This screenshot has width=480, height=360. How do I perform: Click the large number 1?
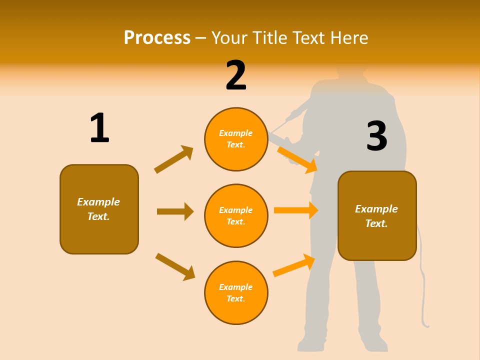click(99, 128)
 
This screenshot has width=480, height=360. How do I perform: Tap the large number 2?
click(236, 75)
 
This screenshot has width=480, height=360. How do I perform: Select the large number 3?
click(376, 136)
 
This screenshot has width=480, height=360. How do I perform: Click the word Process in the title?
click(157, 37)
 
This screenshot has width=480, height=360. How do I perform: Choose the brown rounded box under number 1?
click(99, 209)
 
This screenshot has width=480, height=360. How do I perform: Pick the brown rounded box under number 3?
click(377, 215)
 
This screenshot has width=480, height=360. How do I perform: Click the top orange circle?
click(236, 139)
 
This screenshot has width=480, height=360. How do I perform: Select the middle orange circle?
click(236, 215)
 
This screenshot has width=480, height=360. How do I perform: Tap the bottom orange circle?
click(236, 292)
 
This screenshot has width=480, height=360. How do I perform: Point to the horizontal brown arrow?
click(175, 211)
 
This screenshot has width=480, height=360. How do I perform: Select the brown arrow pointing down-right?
click(175, 266)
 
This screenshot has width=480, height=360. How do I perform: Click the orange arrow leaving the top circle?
click(297, 159)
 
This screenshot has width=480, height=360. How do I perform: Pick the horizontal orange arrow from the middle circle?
click(296, 210)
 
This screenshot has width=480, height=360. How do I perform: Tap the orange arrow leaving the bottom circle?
click(294, 265)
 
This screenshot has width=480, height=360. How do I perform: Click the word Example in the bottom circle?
click(236, 287)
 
